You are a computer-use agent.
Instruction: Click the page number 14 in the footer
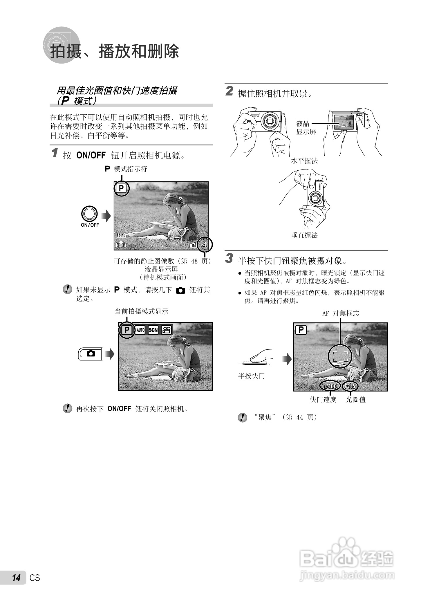coord(16,578)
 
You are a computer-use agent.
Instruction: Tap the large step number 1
coord(55,153)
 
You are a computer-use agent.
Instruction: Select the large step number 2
coord(229,91)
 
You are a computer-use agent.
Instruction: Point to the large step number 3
coord(229,258)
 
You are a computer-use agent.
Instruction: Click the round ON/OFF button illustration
coord(89,214)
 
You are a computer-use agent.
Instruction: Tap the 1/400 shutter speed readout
coord(330,386)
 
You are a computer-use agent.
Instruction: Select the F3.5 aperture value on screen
coord(350,386)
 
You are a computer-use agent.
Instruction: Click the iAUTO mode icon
coord(140,330)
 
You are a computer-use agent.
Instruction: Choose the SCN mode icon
coord(153,330)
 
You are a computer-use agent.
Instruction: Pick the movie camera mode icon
coord(166,330)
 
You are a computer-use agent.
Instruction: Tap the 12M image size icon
coord(121,235)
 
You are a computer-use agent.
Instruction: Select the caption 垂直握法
coord(304,235)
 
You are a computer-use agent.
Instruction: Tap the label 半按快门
coord(251,376)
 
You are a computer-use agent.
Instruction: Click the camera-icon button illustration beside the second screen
coord(91,353)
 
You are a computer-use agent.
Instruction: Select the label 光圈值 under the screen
coord(356,400)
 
